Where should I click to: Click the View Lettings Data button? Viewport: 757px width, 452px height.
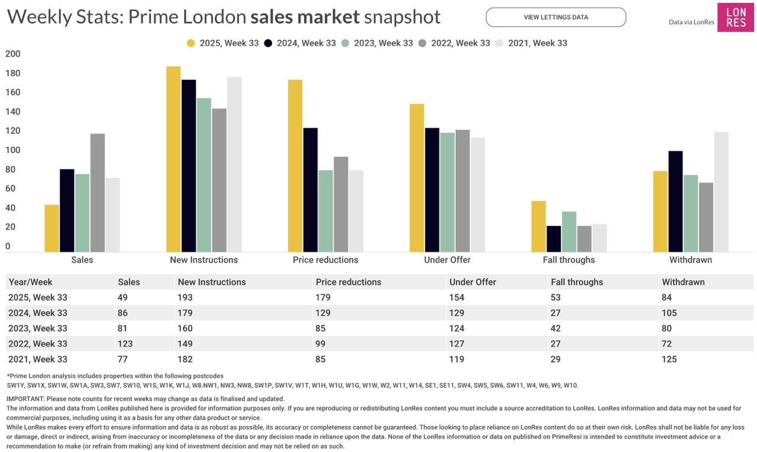555,17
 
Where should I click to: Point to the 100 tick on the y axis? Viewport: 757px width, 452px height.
12,150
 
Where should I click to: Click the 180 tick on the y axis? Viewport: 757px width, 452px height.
12,73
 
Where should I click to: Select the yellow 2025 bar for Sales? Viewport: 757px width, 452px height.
52,228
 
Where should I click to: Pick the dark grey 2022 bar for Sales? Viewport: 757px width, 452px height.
98,193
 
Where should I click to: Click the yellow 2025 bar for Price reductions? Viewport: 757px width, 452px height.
295,165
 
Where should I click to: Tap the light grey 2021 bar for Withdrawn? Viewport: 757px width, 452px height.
721,191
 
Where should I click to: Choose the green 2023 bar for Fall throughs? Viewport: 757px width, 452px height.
569,232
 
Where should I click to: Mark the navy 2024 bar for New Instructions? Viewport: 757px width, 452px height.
189,165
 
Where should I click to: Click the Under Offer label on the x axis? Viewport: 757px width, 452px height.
447,260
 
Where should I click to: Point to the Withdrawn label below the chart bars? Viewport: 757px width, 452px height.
690,260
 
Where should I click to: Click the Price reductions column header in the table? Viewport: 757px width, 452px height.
348,282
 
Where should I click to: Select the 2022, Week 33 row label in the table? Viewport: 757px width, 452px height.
38,344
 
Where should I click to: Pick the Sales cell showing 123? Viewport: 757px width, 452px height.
125,344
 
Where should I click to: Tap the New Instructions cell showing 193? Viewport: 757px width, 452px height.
185,298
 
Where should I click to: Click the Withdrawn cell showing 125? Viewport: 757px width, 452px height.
669,359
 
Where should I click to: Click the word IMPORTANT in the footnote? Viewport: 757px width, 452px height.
25,399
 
